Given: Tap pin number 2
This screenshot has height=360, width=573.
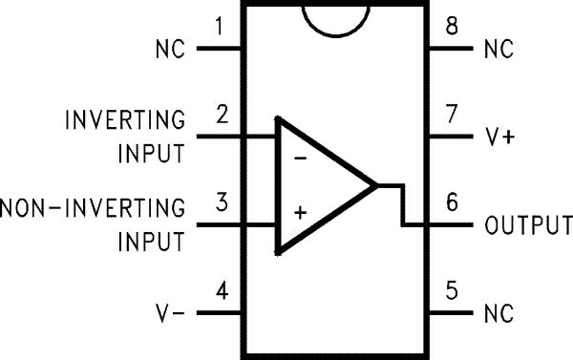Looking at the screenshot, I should [222, 116].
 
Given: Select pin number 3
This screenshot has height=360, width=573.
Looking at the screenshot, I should [222, 203].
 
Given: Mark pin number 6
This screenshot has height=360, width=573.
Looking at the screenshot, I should [450, 204].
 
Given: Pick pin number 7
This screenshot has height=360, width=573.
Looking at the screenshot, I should [450, 116].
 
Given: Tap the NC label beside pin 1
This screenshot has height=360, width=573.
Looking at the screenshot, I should [168, 48].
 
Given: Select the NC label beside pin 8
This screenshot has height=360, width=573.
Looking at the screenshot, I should [499, 48].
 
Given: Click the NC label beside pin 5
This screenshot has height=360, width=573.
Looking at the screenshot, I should [499, 313].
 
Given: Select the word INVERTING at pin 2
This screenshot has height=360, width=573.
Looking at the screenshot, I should [125, 120].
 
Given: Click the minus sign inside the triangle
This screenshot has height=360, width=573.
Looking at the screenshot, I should [300, 158].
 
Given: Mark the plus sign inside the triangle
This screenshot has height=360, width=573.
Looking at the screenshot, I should [300, 213].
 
